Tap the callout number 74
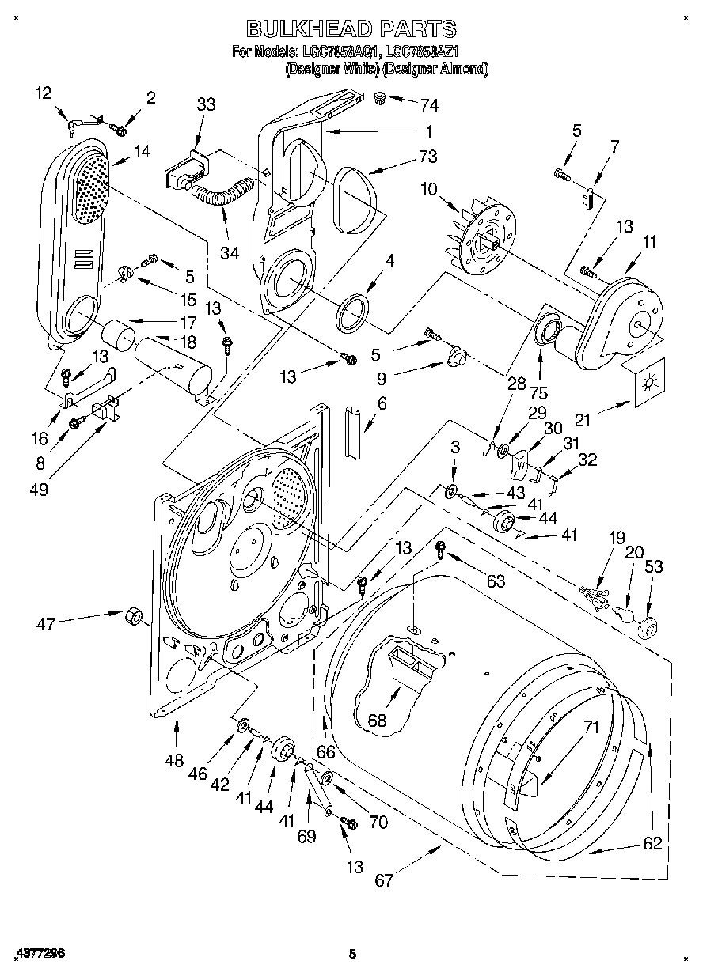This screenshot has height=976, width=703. pyautogui.click(x=429, y=105)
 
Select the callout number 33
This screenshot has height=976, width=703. pyautogui.click(x=205, y=104)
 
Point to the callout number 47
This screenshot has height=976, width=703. pyautogui.click(x=45, y=625)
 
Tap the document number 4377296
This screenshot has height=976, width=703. pyautogui.click(x=39, y=954)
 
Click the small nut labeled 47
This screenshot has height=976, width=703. pyautogui.click(x=133, y=615)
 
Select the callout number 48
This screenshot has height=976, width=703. pyautogui.click(x=174, y=761)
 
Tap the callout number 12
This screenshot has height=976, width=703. pyautogui.click(x=43, y=93)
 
